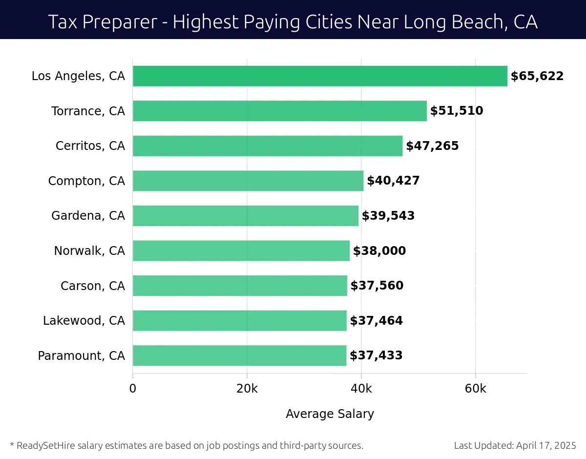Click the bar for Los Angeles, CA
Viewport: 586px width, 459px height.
coord(320,76)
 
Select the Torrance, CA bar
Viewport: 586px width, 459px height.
coord(279,111)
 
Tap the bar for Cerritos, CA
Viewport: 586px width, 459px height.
coord(268,146)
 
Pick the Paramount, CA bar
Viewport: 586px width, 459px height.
coord(239,355)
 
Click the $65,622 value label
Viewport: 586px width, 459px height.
coord(537,76)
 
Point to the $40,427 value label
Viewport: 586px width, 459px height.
coord(393,181)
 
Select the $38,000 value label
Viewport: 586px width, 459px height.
coord(379,251)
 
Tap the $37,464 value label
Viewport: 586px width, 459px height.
coord(377,321)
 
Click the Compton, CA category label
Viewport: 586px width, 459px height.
coord(86,181)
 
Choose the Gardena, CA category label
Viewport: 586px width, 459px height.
coord(88,216)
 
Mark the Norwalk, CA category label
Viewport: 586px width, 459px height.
coord(89,251)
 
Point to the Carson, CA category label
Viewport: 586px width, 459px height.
coord(93,286)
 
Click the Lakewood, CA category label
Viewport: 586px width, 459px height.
coord(84,321)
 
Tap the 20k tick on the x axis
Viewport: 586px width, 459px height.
coord(247,389)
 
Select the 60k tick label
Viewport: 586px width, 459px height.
coord(476,389)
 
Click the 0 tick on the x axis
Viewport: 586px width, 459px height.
coord(133,389)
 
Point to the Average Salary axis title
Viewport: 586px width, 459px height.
coord(330,414)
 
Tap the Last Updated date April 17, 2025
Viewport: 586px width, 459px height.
coord(545,445)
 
